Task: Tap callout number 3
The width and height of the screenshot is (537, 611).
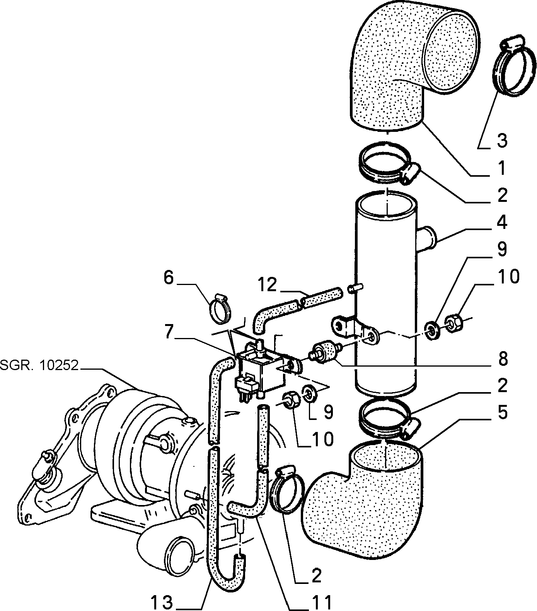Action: [x=501, y=141]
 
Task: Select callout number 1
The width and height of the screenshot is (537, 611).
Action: [x=501, y=168]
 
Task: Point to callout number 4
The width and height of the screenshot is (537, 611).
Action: [x=501, y=223]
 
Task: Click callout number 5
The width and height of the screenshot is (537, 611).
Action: [x=502, y=413]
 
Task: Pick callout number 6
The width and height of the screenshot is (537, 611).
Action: [x=169, y=278]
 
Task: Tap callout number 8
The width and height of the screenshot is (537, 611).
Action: [x=502, y=359]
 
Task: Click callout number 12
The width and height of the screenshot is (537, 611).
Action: [x=268, y=285]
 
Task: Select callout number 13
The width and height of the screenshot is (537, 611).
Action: [x=161, y=602]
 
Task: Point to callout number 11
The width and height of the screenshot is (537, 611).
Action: [x=321, y=602]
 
